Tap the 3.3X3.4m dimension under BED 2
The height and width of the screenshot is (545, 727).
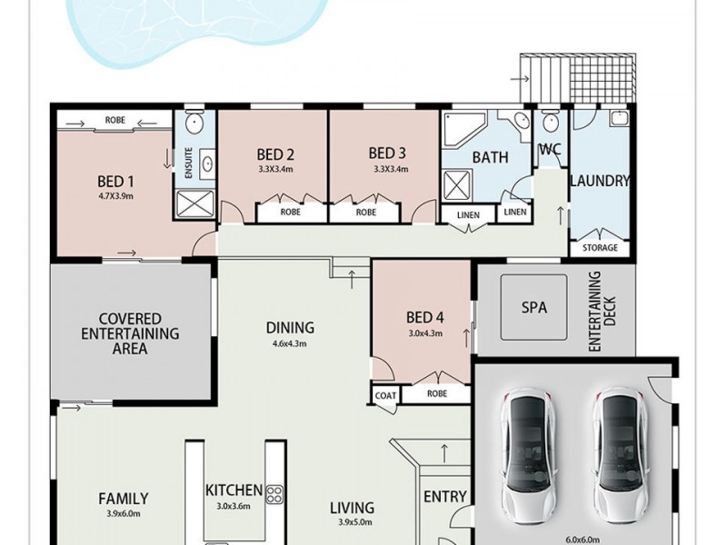tap(275, 169)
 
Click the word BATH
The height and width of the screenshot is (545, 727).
tap(490, 157)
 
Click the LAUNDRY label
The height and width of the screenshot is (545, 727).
tap(599, 181)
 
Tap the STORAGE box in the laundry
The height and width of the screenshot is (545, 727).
tap(600, 247)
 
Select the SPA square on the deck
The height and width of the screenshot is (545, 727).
tap(535, 307)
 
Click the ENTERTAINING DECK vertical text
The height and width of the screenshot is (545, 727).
tap(603, 311)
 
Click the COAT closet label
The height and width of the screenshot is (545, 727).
tap(384, 395)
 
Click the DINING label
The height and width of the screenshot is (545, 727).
tap(290, 328)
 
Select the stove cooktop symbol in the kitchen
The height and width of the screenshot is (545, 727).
tap(274, 492)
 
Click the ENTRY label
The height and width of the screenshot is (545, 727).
tap(445, 497)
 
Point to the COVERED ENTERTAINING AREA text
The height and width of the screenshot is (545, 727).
tap(131, 332)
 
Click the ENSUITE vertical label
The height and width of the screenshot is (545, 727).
tap(188, 163)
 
